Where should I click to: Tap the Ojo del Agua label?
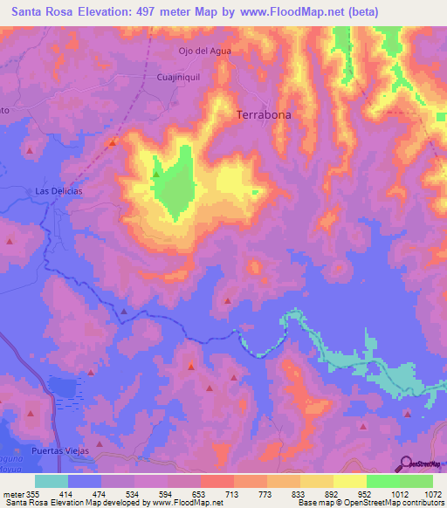pyautogui.click(x=204, y=51)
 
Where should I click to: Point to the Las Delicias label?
pyautogui.click(x=58, y=191)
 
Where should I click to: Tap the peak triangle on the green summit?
pyautogui.click(x=155, y=174)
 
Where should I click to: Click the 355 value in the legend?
pyautogui.click(x=35, y=493)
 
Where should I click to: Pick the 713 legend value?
pyautogui.click(x=233, y=493)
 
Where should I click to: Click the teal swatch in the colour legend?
pyautogui.click(x=52, y=481)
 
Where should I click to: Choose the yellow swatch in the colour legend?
pyautogui.click(x=349, y=481)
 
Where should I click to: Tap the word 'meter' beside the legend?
pyautogui.click(x=12, y=493)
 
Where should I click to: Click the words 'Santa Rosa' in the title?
pyautogui.click(x=37, y=11)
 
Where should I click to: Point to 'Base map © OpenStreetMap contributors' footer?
pyautogui.click(x=369, y=503)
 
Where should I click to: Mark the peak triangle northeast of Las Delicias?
pyautogui.click(x=113, y=142)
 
